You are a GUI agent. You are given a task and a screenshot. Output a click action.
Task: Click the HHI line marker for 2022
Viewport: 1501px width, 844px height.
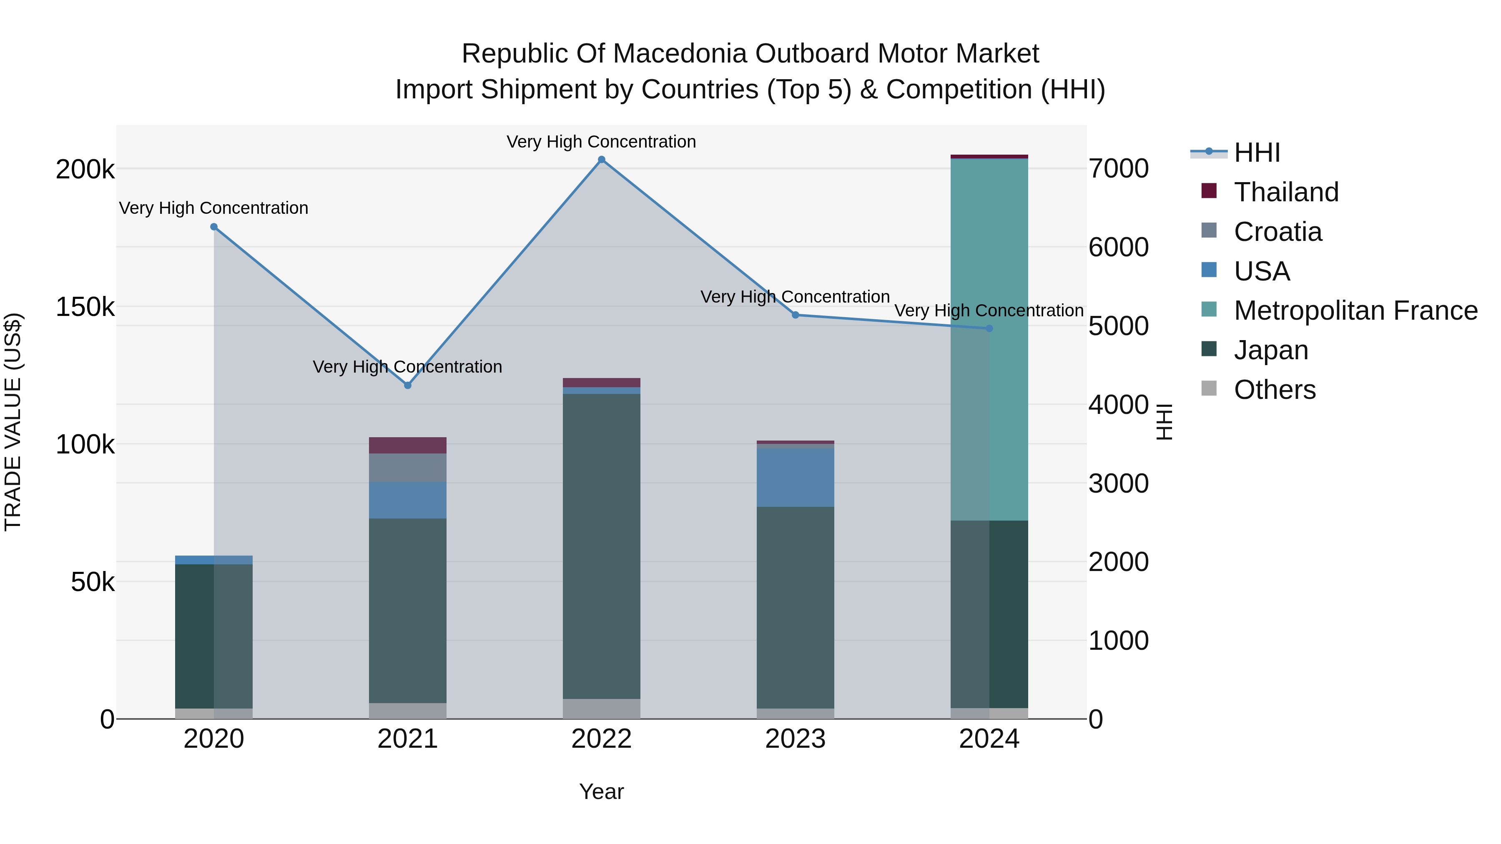click(x=601, y=160)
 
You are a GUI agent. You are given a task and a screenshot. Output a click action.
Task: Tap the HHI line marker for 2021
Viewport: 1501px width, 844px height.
click(x=408, y=386)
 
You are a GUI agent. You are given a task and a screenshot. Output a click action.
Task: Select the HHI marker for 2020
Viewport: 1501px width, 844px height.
click(x=214, y=227)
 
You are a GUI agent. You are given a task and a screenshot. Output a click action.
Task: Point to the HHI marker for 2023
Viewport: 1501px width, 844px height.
click(x=796, y=315)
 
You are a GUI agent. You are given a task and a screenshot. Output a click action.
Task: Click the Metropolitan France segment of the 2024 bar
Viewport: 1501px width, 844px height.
click(x=989, y=338)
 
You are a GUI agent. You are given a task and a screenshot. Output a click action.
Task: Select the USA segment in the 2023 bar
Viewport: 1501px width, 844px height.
click(x=796, y=478)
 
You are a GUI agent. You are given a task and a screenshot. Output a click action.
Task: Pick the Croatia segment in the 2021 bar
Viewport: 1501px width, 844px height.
click(x=408, y=468)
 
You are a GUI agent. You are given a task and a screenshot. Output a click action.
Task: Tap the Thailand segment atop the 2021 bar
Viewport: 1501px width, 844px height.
click(x=408, y=446)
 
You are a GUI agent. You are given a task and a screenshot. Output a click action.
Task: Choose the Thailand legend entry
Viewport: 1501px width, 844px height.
click(x=1286, y=192)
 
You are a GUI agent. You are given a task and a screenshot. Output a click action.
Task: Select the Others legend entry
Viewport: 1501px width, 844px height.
click(x=1274, y=390)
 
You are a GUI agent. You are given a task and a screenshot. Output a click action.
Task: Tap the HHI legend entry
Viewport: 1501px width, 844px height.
click(x=1256, y=153)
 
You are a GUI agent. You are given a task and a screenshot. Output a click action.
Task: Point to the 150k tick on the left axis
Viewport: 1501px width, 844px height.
click(x=85, y=307)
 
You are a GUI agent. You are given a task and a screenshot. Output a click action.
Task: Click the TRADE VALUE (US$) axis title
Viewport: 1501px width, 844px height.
click(x=13, y=422)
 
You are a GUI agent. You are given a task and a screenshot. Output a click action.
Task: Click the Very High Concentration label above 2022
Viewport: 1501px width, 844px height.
click(x=601, y=142)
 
